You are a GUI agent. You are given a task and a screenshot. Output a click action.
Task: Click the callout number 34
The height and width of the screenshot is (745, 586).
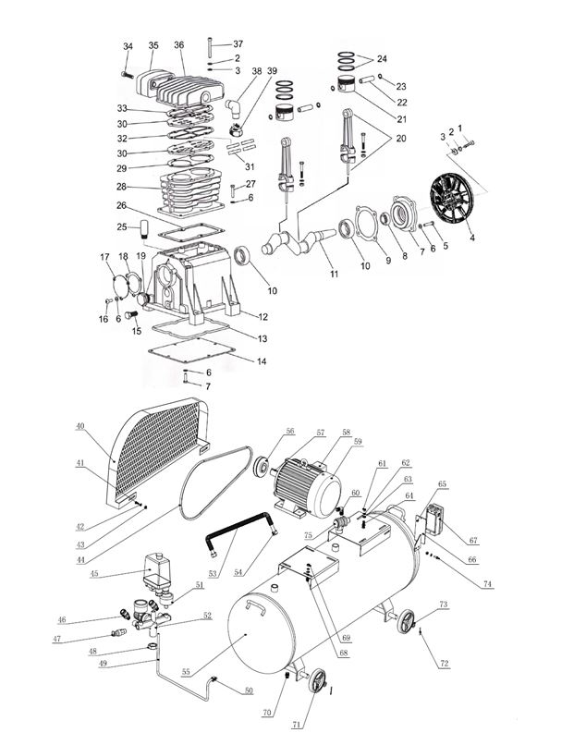[x=128, y=46]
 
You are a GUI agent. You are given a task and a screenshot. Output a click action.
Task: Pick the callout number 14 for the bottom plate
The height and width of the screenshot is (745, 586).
[x=262, y=360]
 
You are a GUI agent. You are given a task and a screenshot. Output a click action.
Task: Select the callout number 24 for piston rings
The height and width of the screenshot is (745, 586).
[x=382, y=58]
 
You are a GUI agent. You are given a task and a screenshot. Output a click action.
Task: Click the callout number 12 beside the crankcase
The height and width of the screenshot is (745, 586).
[x=262, y=317]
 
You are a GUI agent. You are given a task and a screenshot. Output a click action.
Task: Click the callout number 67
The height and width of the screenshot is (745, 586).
[x=473, y=540]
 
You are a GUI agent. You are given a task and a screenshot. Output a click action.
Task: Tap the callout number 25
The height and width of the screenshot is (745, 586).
[x=122, y=227]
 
